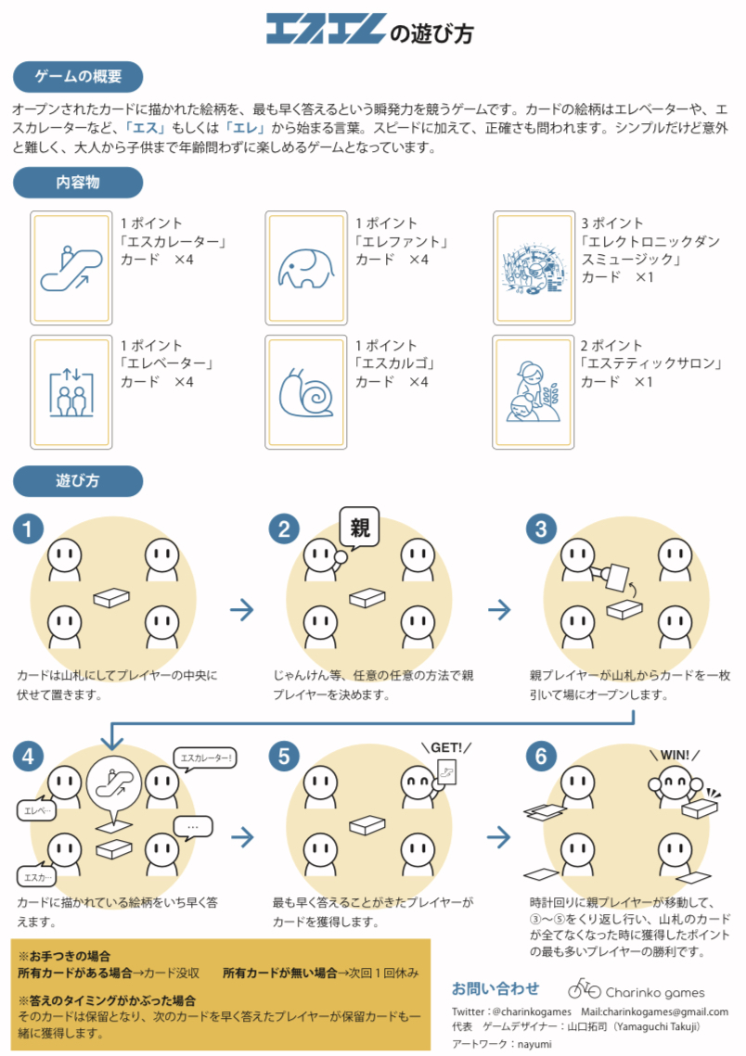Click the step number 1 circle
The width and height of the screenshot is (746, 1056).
(29, 529)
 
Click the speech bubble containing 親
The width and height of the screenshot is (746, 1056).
(360, 528)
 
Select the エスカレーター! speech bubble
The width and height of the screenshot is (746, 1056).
(205, 757)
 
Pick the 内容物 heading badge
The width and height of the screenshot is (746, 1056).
(78, 183)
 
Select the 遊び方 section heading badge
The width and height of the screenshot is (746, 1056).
(78, 481)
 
